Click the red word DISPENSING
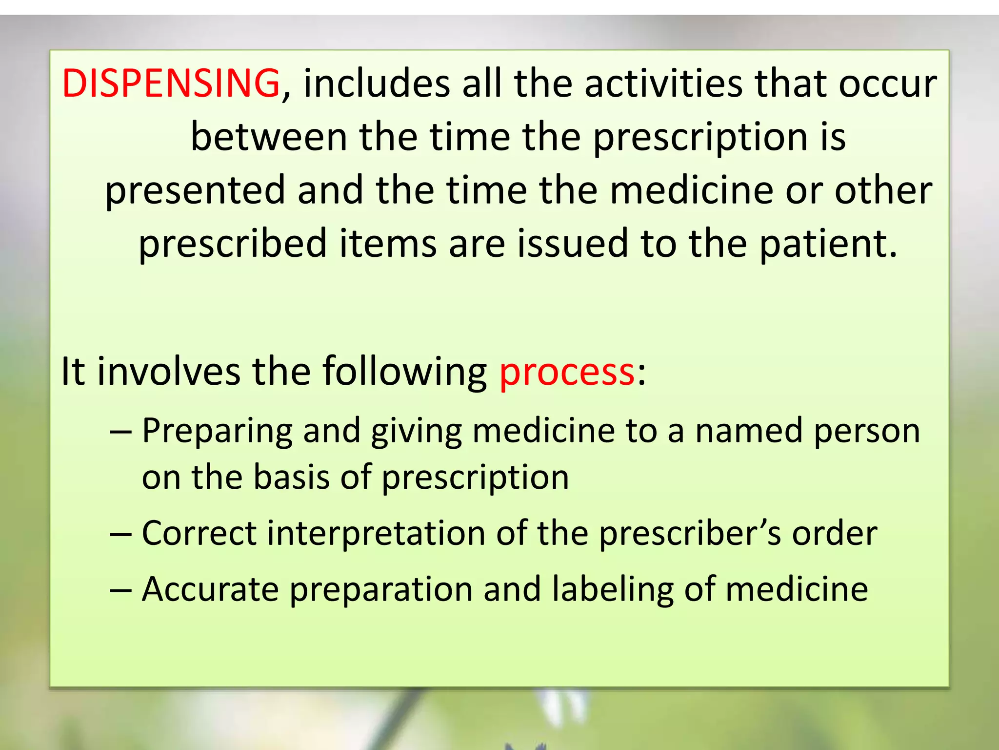click(x=171, y=83)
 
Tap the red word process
click(x=567, y=372)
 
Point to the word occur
click(x=887, y=84)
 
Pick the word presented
click(x=195, y=191)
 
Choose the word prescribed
click(x=233, y=244)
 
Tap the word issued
click(x=573, y=244)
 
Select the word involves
click(x=169, y=372)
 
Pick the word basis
click(x=292, y=477)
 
